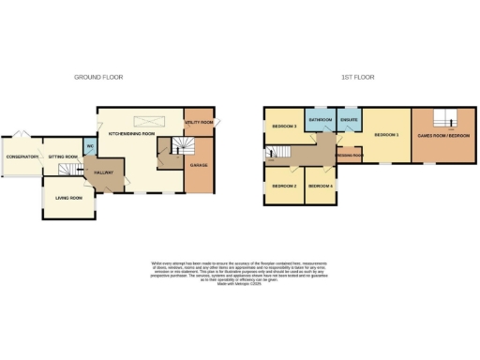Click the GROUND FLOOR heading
(x=98, y=77)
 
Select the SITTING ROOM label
(x=63, y=157)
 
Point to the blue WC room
(x=90, y=147)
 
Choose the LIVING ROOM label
(x=68, y=198)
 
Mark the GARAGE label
(x=199, y=166)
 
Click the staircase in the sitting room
(x=67, y=169)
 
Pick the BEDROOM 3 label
(x=284, y=126)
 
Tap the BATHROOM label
(x=322, y=120)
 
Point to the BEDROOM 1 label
(x=386, y=136)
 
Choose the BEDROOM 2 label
(x=284, y=187)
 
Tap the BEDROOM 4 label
(x=321, y=187)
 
